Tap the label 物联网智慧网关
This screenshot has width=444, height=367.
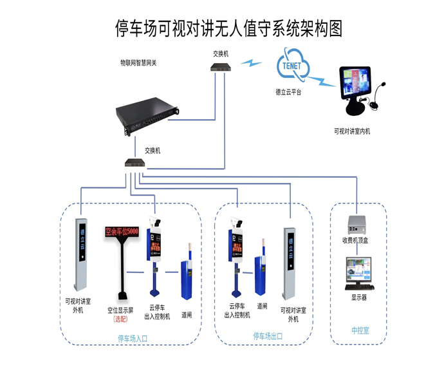click(x=138, y=63)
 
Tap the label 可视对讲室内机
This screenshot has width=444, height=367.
click(x=351, y=131)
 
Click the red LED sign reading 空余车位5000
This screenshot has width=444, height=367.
click(x=122, y=231)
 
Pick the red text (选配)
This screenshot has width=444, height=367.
click(x=120, y=320)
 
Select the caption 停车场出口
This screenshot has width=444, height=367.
click(x=267, y=336)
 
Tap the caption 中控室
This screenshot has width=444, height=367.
click(x=360, y=330)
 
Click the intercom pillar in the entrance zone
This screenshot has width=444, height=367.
click(x=82, y=255)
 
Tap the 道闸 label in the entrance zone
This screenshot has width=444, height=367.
click(x=187, y=316)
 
